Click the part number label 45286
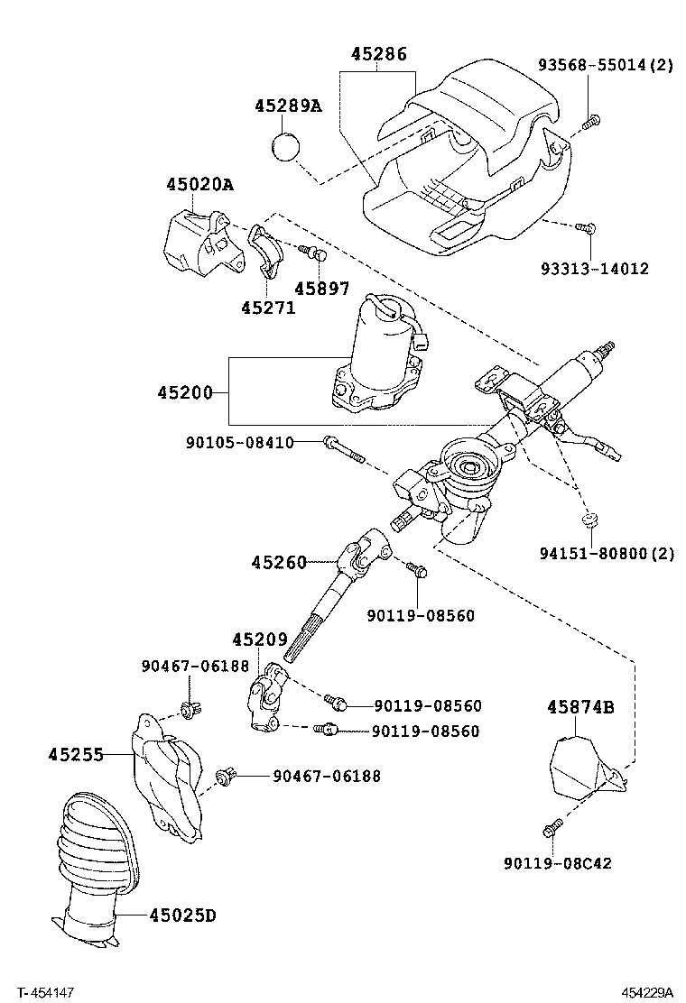tap(378, 55)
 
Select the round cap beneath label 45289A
tap(286, 145)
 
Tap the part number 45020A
tap(199, 185)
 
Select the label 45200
tap(184, 392)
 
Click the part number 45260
tap(279, 562)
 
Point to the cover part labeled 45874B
tap(578, 767)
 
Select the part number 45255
tap(76, 753)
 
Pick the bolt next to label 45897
tap(312, 253)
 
